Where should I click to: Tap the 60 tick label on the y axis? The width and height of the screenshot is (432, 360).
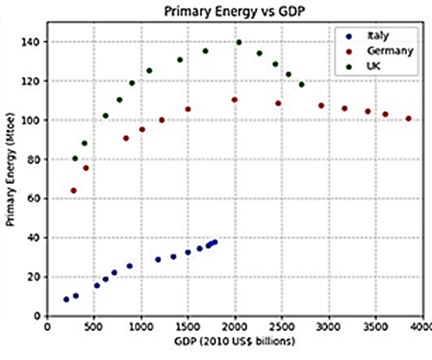(x=35, y=199)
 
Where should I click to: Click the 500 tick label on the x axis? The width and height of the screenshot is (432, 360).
(x=94, y=326)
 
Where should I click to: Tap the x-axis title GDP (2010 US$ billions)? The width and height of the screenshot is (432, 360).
(x=234, y=341)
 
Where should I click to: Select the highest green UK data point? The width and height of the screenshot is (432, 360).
(x=239, y=43)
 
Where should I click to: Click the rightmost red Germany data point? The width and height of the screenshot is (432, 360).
(x=408, y=119)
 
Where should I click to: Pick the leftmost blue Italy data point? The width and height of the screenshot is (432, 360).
(x=66, y=299)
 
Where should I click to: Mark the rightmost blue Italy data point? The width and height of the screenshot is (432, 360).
(x=214, y=242)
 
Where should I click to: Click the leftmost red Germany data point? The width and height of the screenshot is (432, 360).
(x=74, y=191)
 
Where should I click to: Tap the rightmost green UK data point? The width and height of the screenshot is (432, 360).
(x=302, y=85)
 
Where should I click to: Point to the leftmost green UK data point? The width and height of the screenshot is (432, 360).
(x=75, y=158)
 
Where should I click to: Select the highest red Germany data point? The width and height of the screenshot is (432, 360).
(x=235, y=100)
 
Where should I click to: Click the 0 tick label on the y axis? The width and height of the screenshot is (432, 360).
(x=38, y=316)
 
